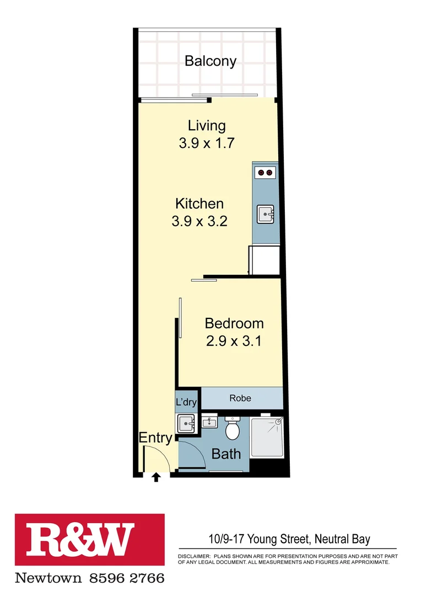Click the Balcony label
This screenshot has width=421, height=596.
coord(210,61)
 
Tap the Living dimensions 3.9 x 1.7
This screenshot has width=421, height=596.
coord(207,143)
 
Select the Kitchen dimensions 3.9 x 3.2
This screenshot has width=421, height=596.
coord(199,222)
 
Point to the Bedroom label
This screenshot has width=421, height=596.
coord(234,323)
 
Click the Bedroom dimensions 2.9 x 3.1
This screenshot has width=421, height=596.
coord(234,342)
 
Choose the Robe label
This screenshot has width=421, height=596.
coord(240,398)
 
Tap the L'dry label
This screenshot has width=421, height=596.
coord(186,402)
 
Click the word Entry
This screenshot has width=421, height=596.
coord(155,438)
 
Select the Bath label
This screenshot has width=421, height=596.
coord(226,454)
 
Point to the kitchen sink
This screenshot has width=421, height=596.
coord(265,214)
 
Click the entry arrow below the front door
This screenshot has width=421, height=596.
coord(156,477)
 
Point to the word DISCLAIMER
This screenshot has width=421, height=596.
coord(193,556)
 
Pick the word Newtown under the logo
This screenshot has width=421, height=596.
coord(48,578)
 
